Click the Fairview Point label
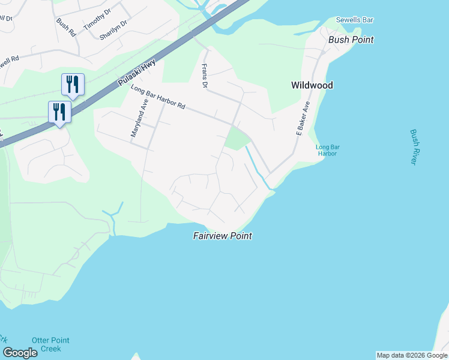pos(222,236)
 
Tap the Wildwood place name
pos(312,85)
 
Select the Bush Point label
pos(351,40)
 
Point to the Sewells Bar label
pos(354,20)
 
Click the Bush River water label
pos(413,147)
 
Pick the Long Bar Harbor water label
pos(327,150)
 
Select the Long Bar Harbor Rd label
pos(157,97)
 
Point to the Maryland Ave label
pos(139,122)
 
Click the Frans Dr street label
pos(204,76)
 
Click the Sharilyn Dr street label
pos(113,29)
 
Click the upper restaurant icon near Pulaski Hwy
pos(73,85)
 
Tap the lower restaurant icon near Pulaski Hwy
pos(59,112)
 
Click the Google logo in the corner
pos(20,353)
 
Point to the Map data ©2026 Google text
pos(412,355)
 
